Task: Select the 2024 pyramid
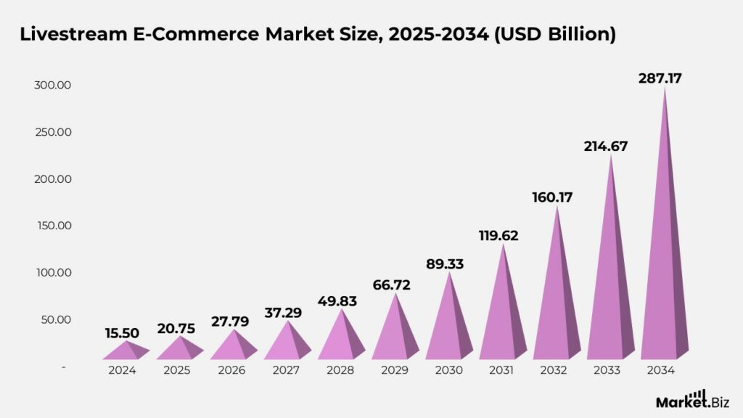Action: (x=126, y=352)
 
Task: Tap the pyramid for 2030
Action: (x=450, y=327)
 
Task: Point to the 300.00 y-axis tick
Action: (x=52, y=85)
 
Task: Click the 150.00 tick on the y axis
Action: (x=52, y=226)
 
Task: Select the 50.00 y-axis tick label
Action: (x=55, y=319)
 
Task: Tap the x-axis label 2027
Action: (x=287, y=370)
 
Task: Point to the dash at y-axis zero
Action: (x=64, y=366)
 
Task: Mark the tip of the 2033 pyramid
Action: (x=611, y=155)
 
